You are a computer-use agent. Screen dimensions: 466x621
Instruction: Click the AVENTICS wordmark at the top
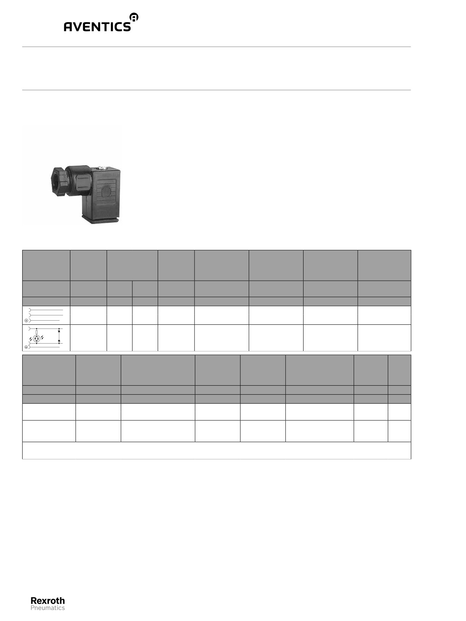(x=97, y=27)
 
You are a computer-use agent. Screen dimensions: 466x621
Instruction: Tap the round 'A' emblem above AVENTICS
(x=134, y=17)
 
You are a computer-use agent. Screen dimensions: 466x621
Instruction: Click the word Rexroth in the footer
(x=48, y=601)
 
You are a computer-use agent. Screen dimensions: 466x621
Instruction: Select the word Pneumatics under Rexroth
(x=48, y=608)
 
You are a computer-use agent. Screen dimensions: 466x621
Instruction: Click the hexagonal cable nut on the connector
(x=59, y=181)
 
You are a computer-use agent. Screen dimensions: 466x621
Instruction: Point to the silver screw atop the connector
(x=101, y=169)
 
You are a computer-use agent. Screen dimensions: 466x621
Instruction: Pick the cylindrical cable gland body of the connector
(x=79, y=181)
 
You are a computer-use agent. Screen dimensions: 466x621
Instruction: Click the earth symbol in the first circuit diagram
(x=26, y=321)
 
